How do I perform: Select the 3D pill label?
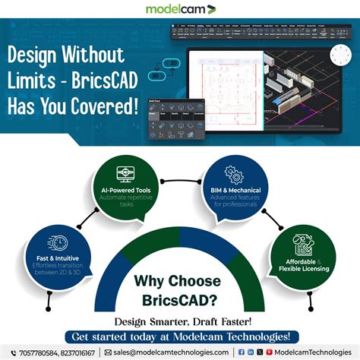[x=154, y=75]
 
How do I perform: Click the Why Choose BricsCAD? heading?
[x=180, y=291]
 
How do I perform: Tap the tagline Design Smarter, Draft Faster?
[x=180, y=321]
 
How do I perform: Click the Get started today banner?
[x=180, y=336]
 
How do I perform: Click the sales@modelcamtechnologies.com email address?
[x=170, y=352]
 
